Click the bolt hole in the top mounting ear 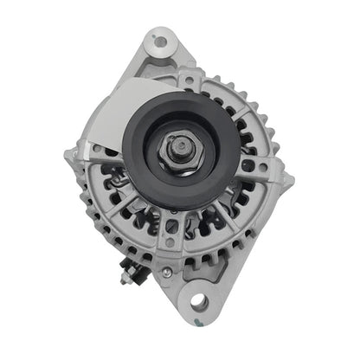158,40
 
